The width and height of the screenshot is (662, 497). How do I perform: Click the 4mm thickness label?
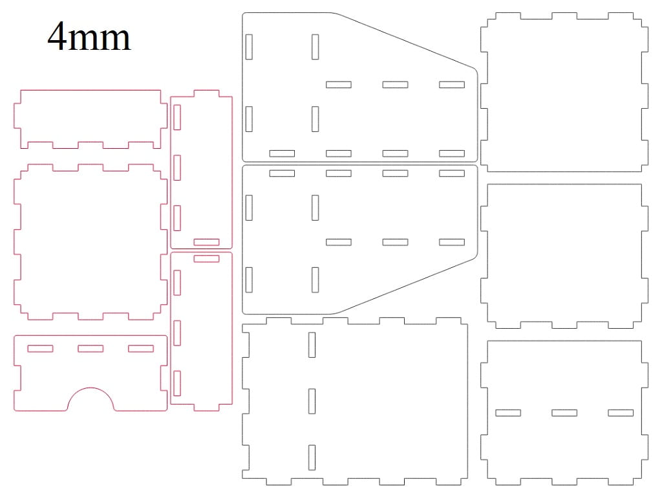89,37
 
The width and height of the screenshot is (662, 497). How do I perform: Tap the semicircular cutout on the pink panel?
91,389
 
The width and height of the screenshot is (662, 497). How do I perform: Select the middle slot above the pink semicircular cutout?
91,349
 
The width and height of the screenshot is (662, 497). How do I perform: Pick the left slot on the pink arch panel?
41,349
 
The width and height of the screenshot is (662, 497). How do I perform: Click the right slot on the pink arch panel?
141,349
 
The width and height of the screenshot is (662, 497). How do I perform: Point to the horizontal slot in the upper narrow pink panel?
206,242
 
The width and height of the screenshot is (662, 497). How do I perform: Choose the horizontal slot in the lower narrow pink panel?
206,259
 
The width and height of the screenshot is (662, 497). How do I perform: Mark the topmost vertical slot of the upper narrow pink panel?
177,118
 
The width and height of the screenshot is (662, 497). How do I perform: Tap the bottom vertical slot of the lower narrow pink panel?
177,383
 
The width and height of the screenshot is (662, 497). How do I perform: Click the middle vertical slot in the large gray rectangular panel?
312,401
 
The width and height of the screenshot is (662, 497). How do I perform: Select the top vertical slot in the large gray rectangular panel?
312,345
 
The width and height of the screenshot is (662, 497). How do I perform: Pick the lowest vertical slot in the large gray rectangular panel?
312,458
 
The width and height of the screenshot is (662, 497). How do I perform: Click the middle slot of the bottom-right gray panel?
564,413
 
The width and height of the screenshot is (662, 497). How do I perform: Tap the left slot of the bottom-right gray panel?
508,413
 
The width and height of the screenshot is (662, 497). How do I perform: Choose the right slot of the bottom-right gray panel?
621,413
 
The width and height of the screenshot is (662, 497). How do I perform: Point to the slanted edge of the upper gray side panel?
406,41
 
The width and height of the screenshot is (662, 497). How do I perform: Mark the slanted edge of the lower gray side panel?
406,286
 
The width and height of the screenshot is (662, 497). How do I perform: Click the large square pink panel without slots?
91,242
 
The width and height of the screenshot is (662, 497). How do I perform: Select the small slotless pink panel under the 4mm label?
91,119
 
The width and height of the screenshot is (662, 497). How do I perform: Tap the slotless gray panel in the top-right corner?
564,92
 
